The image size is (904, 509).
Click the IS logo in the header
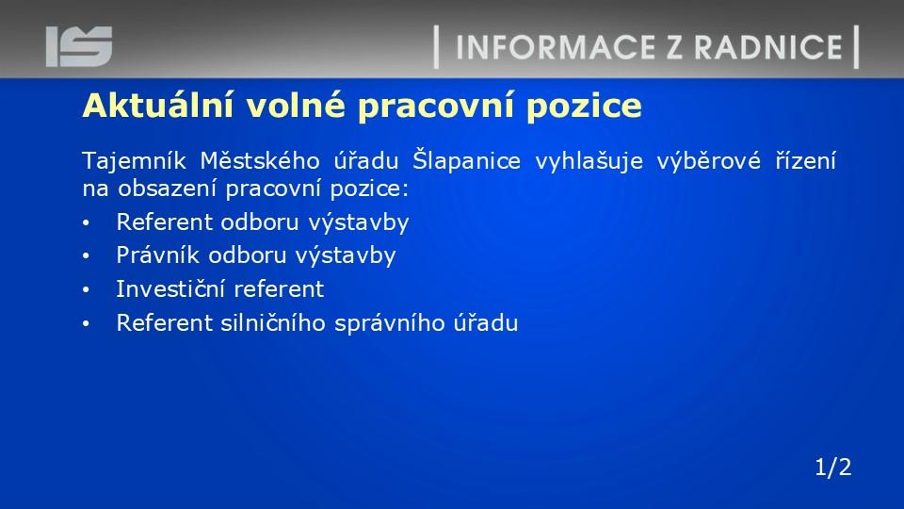pos(79,46)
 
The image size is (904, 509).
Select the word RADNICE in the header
pos(768,47)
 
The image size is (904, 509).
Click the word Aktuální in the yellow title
pos(158,105)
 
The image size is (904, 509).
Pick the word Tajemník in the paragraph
pos(134,161)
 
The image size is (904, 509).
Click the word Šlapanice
pos(466,160)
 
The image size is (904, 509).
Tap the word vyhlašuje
pos(589,161)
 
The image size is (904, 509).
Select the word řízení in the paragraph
pos(805,160)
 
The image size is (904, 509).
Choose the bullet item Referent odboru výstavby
pos(263,222)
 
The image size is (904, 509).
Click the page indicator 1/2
pos(833,467)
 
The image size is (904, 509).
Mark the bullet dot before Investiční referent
pos(86,289)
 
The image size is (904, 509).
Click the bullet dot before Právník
pos(86,255)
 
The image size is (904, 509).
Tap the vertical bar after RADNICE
pos(856,47)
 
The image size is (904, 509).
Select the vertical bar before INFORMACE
pos(436,47)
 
